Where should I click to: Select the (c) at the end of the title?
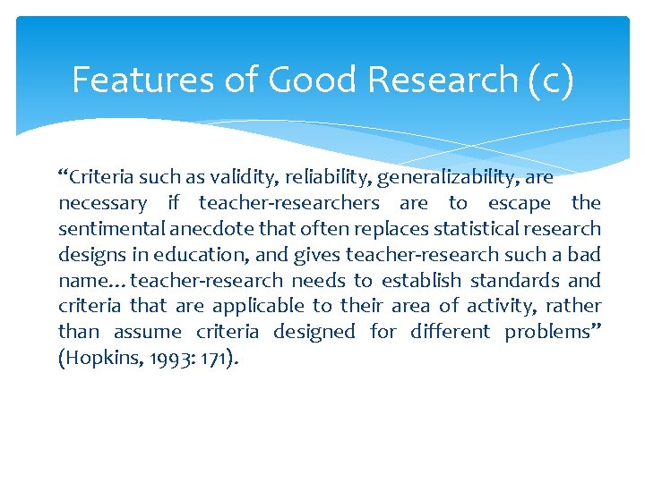tap(549, 80)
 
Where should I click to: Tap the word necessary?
tap(102, 203)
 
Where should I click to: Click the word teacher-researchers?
tap(289, 203)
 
